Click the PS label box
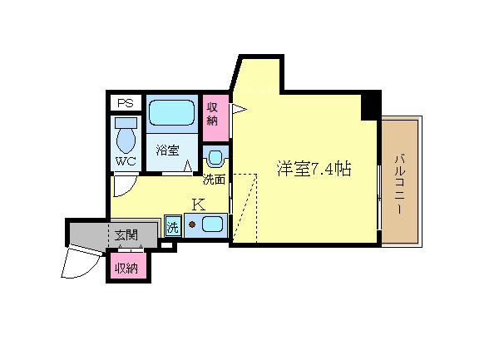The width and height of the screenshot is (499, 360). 126,103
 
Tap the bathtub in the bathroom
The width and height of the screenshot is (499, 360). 171,113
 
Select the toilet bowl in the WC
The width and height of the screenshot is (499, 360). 126,136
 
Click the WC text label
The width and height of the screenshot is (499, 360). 126,161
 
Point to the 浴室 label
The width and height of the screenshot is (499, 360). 168,150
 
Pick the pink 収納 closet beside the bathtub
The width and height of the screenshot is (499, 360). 215,118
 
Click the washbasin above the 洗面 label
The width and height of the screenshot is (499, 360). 215,158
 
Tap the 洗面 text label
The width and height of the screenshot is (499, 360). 215,180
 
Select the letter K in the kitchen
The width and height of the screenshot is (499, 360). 199,205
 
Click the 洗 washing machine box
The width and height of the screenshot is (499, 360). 173,226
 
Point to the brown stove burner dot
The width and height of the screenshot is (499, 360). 192,224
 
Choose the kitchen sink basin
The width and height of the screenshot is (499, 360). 212,224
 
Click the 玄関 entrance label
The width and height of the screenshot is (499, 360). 126,235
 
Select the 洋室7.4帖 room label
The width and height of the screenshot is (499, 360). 314,169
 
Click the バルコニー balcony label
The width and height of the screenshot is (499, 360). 400,184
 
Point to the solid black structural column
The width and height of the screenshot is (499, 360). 371,106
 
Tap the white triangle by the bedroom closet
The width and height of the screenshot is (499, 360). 238,109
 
